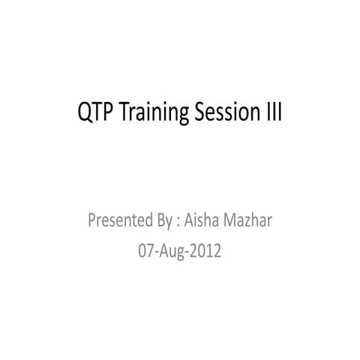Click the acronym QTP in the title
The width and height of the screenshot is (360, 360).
(x=94, y=114)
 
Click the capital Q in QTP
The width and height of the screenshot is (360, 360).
(x=85, y=114)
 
